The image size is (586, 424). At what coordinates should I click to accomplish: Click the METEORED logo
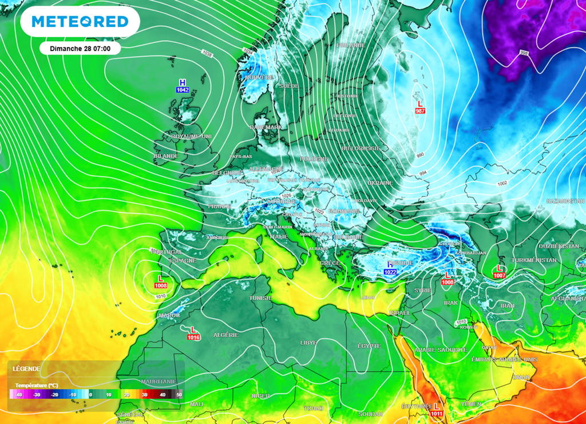[x=80, y=22]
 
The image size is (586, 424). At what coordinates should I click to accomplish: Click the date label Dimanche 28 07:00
[x=80, y=49]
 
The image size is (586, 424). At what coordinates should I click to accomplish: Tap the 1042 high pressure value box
[x=183, y=90]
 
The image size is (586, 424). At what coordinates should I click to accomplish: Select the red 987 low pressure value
[x=421, y=110]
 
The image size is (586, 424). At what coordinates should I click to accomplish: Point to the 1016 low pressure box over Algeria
[x=193, y=337]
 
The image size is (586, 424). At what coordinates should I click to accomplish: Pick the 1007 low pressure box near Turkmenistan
[x=500, y=276]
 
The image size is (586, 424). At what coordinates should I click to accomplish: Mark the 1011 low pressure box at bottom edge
[x=436, y=413]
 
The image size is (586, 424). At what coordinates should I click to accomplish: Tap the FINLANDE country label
[x=351, y=45]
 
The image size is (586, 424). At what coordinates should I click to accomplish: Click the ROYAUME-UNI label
[x=191, y=137]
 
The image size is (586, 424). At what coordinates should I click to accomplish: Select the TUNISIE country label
[x=260, y=298]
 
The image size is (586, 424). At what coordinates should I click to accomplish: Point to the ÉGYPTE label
[x=369, y=346]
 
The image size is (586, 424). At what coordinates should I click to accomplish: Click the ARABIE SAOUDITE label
[x=441, y=349]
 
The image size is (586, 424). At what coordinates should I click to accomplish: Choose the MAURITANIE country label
[x=159, y=381]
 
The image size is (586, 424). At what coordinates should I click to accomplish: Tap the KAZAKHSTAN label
[x=565, y=201]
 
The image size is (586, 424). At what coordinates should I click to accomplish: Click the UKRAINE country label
[x=380, y=183]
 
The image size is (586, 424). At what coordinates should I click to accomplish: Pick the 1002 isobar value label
[x=502, y=183]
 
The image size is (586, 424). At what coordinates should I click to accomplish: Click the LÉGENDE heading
[x=27, y=369]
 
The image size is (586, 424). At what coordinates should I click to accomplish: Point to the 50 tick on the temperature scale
[x=179, y=394]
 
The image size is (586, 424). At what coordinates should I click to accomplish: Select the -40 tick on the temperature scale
[x=18, y=394]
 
